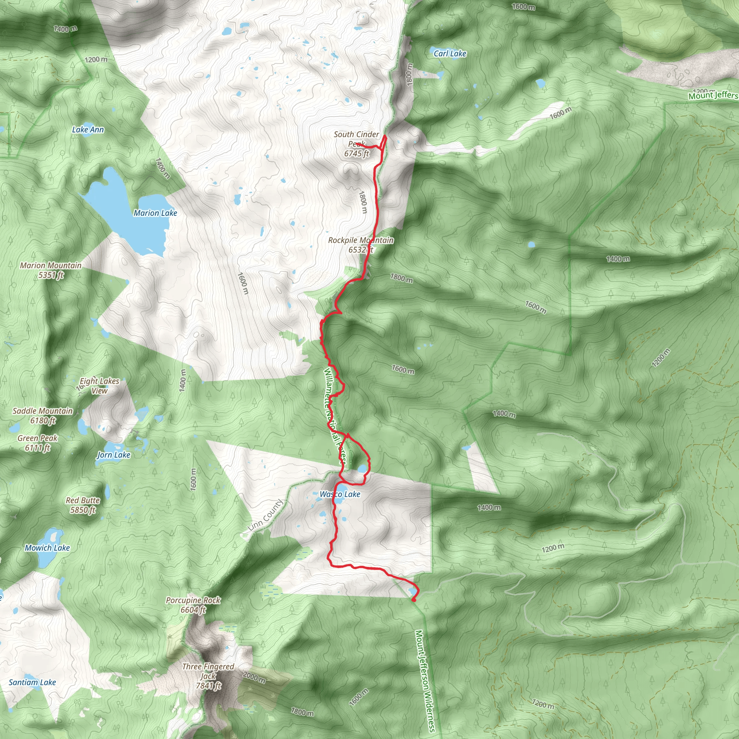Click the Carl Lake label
(x=450, y=54)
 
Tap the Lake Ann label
(x=88, y=130)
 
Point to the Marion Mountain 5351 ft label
(x=51, y=270)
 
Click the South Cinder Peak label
(x=357, y=144)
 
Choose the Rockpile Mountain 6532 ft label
(x=361, y=245)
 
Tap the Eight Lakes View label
(x=100, y=386)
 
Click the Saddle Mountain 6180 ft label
(x=43, y=416)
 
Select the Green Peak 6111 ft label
(x=38, y=443)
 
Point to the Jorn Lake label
(x=114, y=455)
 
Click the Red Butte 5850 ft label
(x=83, y=505)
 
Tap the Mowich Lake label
(x=47, y=548)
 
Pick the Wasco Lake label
(x=340, y=495)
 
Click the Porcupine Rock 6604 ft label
(x=193, y=605)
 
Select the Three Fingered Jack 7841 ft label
(x=208, y=676)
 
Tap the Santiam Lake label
(x=32, y=682)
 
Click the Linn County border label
(x=265, y=515)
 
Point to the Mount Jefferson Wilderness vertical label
(x=425, y=681)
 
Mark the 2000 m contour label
(x=254, y=678)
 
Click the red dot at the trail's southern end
(x=414, y=600)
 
